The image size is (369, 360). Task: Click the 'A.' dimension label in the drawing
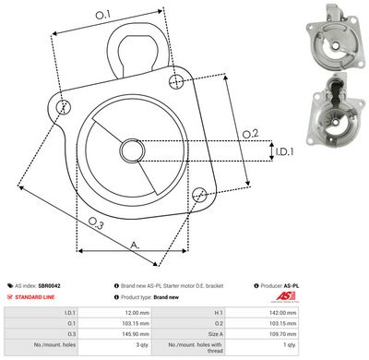[134, 244]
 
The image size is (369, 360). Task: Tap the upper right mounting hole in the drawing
[176, 83]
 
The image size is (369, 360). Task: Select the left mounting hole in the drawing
[63, 107]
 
